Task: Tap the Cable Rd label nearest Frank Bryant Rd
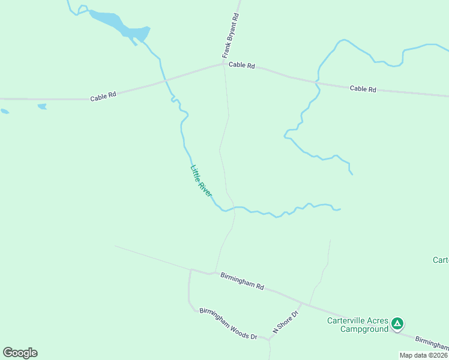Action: tap(242, 65)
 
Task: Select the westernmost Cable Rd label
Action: tap(103, 96)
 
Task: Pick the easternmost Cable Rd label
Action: tap(363, 89)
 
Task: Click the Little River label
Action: tap(201, 181)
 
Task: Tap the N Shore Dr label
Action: tap(286, 322)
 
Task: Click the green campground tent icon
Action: tap(397, 324)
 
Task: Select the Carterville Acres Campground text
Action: tap(357, 324)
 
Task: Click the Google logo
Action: tap(20, 353)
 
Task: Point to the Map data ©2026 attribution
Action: tap(423, 355)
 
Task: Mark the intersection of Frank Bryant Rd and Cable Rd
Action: tap(223, 64)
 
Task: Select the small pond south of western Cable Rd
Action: tap(42, 107)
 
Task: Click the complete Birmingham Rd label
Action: tap(242, 281)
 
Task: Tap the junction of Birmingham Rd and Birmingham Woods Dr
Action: tap(190, 270)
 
